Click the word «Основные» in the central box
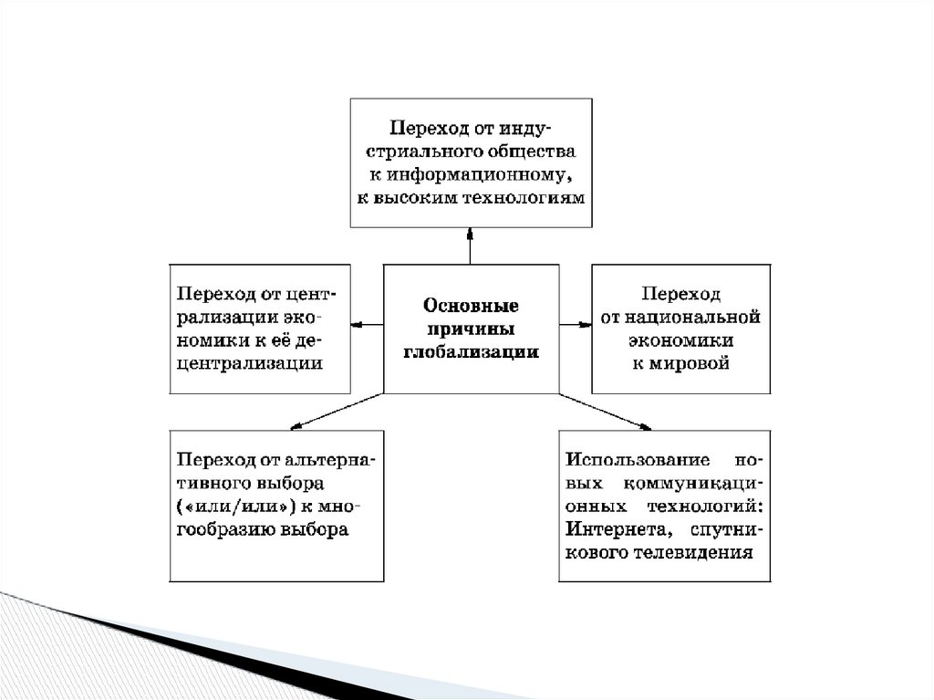tap(471, 304)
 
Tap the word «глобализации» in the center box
tap(471, 351)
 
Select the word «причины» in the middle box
tap(471, 328)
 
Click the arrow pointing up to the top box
tap(471, 246)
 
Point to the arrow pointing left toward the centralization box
tap(367, 323)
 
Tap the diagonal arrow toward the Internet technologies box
tap(606, 410)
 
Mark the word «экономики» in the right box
tap(680, 340)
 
